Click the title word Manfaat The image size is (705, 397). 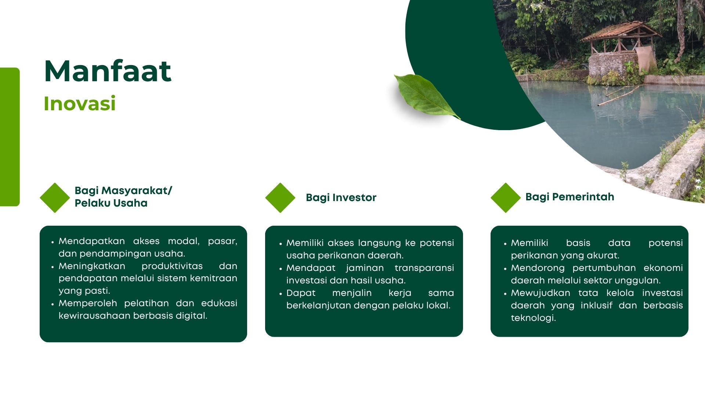point(108,71)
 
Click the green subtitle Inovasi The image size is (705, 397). point(80,103)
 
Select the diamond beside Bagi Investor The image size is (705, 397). point(280,198)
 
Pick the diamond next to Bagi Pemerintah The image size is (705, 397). point(506,198)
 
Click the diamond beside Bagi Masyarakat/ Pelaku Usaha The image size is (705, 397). point(55,198)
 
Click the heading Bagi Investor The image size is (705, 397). point(341,198)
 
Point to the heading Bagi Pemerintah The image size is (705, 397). point(570,197)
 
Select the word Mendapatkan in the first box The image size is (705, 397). point(92,241)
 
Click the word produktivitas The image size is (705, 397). point(172,267)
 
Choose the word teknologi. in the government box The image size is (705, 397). point(534,318)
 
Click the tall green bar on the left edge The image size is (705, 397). point(10,137)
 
